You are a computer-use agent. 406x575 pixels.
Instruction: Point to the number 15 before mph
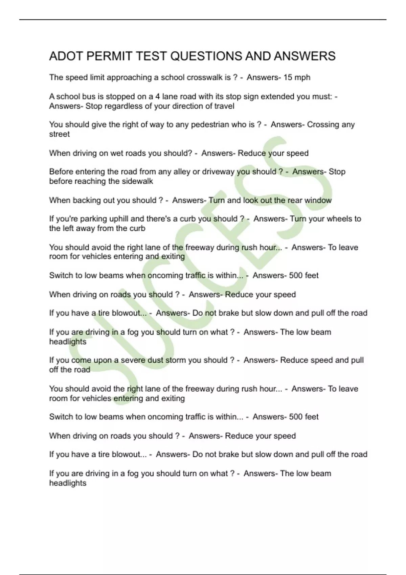click(x=288, y=77)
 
